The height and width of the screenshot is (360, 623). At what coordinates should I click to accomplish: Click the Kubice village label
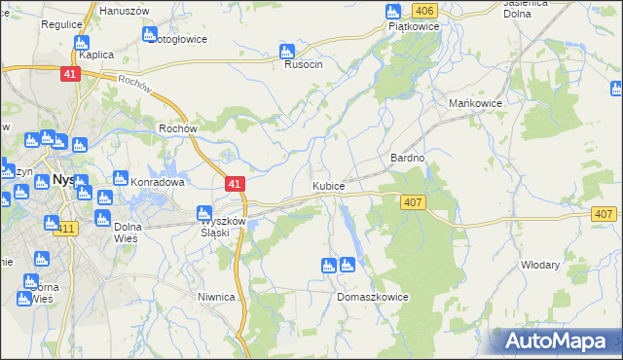[x=328, y=185]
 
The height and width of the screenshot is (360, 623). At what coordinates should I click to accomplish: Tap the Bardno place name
[x=408, y=157]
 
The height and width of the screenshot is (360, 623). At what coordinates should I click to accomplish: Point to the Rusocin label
[x=303, y=65]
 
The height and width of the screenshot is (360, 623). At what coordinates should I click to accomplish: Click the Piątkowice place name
[x=414, y=27]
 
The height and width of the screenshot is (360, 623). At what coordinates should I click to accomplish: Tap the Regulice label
[x=60, y=24]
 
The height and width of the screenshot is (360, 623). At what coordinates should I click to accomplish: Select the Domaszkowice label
[x=372, y=297]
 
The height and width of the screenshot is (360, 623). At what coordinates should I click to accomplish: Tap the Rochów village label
[x=178, y=127]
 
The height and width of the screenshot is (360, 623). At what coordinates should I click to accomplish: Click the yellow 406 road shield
[x=422, y=10]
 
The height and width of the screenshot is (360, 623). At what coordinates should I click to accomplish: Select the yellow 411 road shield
[x=66, y=229]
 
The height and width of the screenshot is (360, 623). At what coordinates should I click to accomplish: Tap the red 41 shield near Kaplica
[x=68, y=74]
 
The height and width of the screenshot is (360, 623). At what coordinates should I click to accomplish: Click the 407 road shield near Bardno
[x=412, y=201]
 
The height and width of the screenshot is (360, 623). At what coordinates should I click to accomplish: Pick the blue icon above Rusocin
[x=286, y=51]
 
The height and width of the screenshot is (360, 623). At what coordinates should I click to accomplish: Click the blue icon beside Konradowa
[x=120, y=179]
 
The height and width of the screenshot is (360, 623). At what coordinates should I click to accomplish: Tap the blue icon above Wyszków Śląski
[x=204, y=213]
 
